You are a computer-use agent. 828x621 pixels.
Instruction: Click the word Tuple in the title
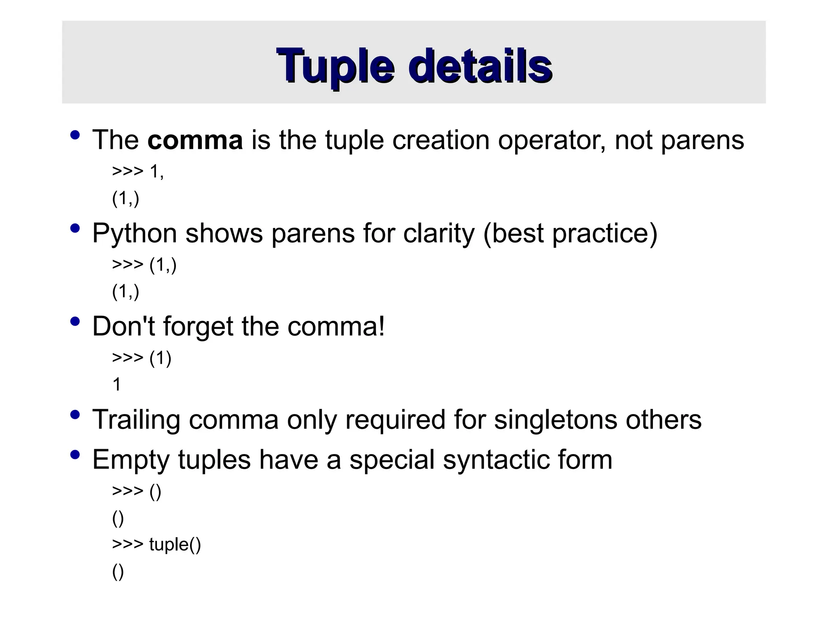pyautogui.click(x=335, y=67)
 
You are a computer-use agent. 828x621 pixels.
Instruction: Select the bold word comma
pyautogui.click(x=195, y=140)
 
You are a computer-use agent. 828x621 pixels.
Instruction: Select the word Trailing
pyautogui.click(x=136, y=420)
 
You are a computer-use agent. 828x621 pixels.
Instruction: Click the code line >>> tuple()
pyautogui.click(x=156, y=544)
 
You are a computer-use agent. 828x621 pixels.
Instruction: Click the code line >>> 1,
pyautogui.click(x=138, y=172)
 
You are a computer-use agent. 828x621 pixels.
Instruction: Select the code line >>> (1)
pyautogui.click(x=142, y=358)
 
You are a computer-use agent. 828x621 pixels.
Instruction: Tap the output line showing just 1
pyautogui.click(x=117, y=384)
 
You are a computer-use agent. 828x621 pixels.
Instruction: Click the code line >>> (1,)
pyautogui.click(x=144, y=265)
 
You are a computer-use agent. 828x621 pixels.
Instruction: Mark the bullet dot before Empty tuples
pyautogui.click(x=75, y=455)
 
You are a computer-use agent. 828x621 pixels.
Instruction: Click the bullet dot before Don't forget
pyautogui.click(x=75, y=321)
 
